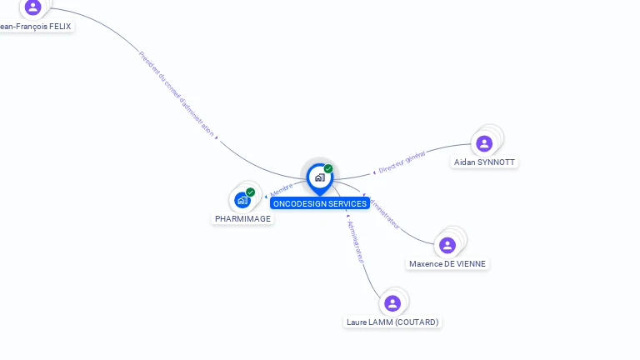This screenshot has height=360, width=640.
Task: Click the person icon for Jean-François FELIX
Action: click(32, 7)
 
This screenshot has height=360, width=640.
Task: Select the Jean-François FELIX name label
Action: click(35, 27)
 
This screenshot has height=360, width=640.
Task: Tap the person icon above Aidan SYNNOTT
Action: click(484, 143)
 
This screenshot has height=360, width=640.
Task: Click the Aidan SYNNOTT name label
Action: click(484, 162)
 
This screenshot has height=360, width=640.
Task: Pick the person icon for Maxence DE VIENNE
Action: click(447, 245)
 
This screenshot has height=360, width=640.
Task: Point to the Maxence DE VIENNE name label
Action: click(447, 264)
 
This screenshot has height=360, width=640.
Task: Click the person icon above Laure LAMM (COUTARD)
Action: click(392, 303)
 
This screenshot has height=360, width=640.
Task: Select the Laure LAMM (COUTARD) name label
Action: click(392, 322)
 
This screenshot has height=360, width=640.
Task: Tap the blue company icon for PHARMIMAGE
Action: click(242, 200)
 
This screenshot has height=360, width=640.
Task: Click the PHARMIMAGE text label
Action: click(242, 219)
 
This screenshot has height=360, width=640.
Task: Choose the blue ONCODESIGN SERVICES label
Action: click(319, 204)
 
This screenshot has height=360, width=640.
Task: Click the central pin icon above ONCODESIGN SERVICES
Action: click(319, 177)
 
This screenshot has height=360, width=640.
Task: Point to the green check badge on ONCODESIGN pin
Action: click(328, 169)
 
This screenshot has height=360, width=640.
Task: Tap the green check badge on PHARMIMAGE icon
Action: click(250, 192)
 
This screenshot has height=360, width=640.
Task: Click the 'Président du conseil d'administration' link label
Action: click(177, 93)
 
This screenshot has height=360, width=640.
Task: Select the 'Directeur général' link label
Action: click(402, 162)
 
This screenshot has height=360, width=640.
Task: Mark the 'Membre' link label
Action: click(282, 190)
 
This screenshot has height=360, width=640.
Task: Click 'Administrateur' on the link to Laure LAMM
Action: click(356, 242)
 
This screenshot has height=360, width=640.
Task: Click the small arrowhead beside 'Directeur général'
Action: click(374, 172)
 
